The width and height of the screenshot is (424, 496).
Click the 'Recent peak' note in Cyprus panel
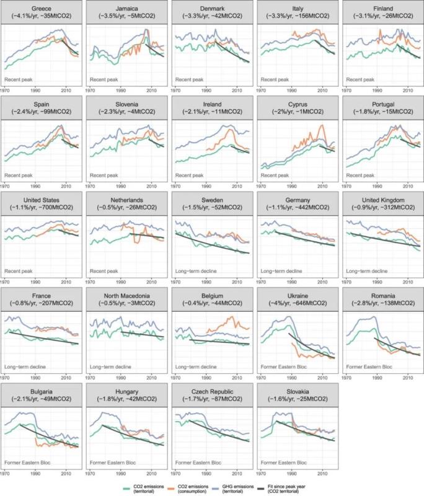coord(273,175)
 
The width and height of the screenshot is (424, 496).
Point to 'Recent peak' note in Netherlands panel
coord(104,271)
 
